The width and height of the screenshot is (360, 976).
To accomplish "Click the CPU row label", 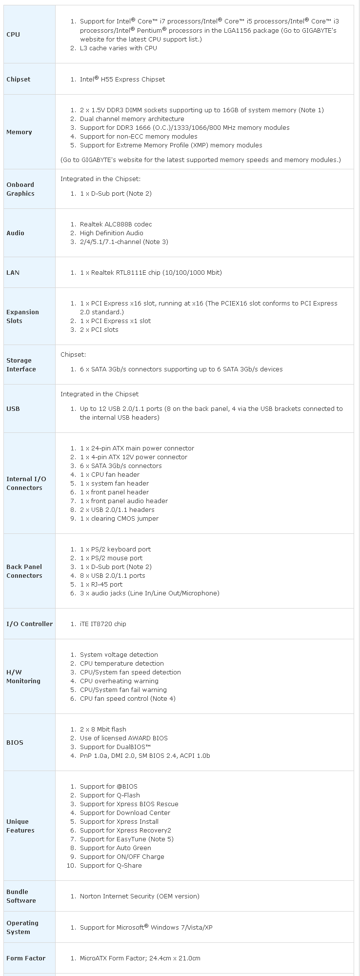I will (x=13, y=35).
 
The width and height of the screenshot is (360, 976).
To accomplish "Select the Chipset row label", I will (x=18, y=80).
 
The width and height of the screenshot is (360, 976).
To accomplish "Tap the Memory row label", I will (x=19, y=132).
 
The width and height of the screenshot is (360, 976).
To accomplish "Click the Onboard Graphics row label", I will (x=20, y=189).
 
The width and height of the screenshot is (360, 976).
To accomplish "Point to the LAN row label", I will (x=13, y=273).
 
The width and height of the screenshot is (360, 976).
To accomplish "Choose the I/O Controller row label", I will (x=29, y=624).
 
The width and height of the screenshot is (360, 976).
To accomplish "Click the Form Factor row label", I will (x=26, y=958).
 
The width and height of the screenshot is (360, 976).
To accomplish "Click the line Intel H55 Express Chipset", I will (x=122, y=80).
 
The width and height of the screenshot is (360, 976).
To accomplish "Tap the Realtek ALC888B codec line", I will (x=116, y=224).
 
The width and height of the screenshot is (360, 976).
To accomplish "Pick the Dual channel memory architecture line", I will (x=132, y=119).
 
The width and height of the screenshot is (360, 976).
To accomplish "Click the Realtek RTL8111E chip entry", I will (x=151, y=273).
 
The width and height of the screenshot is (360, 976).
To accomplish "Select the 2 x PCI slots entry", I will (x=99, y=330).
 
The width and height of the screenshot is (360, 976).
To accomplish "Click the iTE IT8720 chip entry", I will (x=103, y=624).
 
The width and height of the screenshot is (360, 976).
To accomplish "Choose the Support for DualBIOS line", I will (x=115, y=747).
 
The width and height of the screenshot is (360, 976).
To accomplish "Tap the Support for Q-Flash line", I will (x=110, y=795).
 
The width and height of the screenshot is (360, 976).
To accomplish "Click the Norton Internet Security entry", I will (x=140, y=896).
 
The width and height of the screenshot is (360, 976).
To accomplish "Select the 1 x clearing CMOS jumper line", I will (x=119, y=519).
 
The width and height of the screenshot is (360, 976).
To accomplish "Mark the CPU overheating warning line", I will (x=119, y=681).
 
